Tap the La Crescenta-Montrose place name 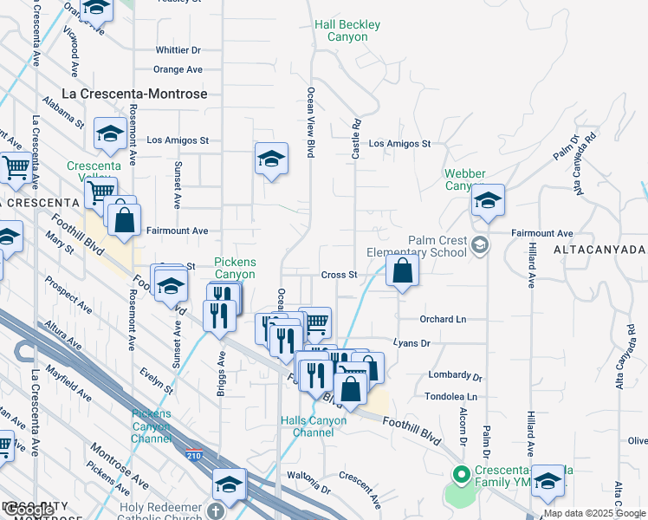pos(136,93)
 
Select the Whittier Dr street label pos(178,51)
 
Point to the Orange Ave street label pos(178,69)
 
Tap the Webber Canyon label pos(465,179)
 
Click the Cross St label pos(340,275)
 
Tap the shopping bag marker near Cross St pos(403,271)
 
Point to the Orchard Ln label pos(443,320)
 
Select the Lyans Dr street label pos(411,344)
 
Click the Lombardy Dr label pos(455,376)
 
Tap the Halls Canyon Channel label pos(314,426)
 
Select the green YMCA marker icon pos(461,474)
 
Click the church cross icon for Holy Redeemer pos(217,510)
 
